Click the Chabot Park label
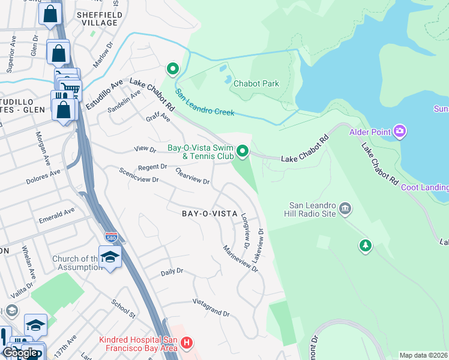click(256, 84)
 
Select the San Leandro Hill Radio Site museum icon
click(345, 209)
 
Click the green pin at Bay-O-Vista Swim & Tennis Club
click(243, 151)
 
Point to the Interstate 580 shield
click(111, 238)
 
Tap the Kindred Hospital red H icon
click(187, 343)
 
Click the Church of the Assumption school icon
click(110, 257)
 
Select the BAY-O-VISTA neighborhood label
click(210, 214)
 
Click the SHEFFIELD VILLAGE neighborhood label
click(100, 19)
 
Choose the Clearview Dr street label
click(192, 176)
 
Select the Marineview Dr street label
click(240, 259)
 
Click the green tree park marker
click(364, 245)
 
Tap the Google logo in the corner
click(20, 353)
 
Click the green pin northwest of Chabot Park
click(173, 70)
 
